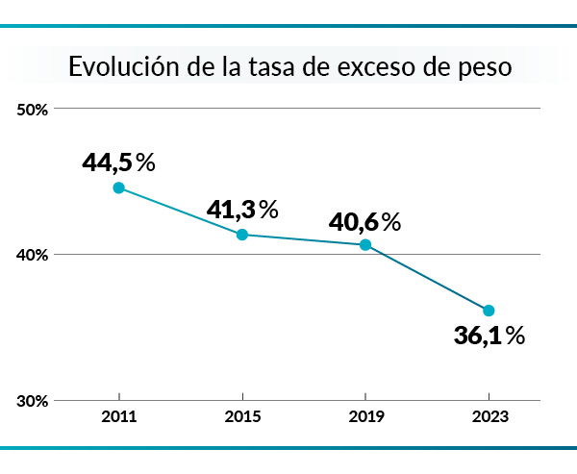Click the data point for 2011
coord(118,187)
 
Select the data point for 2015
coord(242,235)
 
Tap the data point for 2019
coord(365,244)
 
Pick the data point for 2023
coord(489,310)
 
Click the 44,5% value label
coord(118,162)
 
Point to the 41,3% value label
coord(241,209)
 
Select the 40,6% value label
coord(364,222)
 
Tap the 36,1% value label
coord(489,336)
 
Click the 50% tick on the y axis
coord(34,110)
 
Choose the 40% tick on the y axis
coord(34,255)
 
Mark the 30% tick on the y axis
coord(34,401)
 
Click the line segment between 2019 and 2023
coord(427,277)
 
